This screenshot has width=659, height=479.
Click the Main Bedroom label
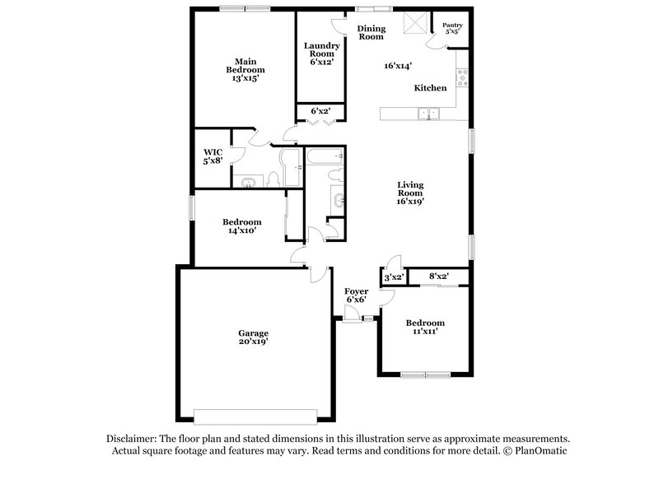[243, 71]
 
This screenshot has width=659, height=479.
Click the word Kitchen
[430, 88]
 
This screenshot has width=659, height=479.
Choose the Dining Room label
[371, 33]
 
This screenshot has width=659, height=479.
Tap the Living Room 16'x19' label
[410, 193]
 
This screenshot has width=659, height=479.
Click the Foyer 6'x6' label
[357, 295]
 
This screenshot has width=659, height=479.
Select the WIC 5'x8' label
[213, 156]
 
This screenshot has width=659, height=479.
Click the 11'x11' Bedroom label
[425, 327]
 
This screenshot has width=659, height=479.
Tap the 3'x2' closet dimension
[393, 277]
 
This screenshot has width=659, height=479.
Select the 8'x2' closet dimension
[438, 277]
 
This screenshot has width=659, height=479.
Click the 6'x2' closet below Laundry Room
[320, 111]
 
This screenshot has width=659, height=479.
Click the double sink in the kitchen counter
[428, 114]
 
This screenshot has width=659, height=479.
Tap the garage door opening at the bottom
[254, 414]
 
